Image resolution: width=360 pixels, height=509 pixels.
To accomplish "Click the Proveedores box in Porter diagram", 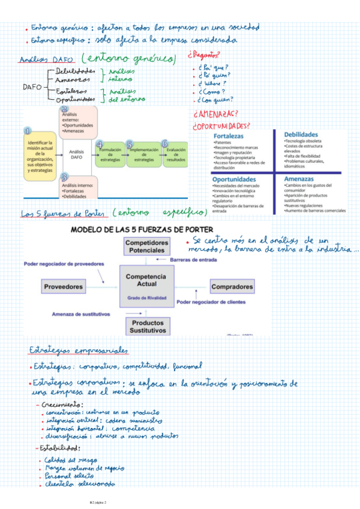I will (x=63, y=287).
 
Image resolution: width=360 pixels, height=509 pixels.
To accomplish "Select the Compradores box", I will (x=232, y=287).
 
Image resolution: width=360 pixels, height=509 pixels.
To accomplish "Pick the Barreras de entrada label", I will (x=193, y=260).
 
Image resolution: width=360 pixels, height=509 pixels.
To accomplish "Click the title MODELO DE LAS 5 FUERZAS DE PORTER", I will (x=148, y=229).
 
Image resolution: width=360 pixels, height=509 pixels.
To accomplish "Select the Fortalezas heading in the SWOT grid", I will (x=229, y=137).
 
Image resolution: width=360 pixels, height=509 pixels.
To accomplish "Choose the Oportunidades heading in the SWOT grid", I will (x=233, y=179).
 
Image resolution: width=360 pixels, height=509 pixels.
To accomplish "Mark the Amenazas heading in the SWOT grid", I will (x=299, y=179).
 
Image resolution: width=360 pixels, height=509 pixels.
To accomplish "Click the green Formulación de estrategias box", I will (x=110, y=155).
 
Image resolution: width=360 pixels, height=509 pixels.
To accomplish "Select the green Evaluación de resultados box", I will (x=176, y=155).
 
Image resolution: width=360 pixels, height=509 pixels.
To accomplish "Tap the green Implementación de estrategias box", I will (x=143, y=155).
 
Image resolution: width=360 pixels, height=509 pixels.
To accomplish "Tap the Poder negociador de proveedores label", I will (x=64, y=264).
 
